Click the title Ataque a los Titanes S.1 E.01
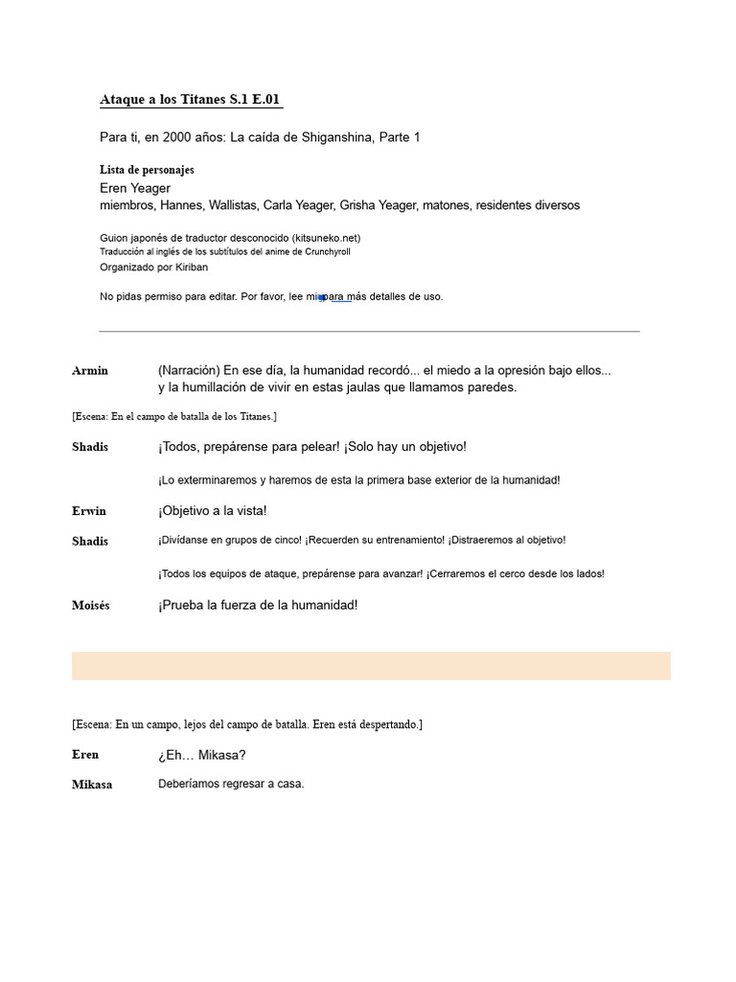click(191, 100)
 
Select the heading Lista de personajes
click(147, 170)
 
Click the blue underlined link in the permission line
click(337, 297)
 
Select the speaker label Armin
click(90, 371)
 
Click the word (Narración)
click(189, 370)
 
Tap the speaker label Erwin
click(89, 511)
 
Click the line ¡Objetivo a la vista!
click(213, 511)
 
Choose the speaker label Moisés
click(91, 606)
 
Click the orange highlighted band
click(371, 666)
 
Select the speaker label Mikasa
click(92, 784)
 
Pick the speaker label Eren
click(85, 755)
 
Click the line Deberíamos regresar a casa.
click(231, 784)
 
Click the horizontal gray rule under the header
click(369, 332)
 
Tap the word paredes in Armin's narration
click(491, 387)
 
